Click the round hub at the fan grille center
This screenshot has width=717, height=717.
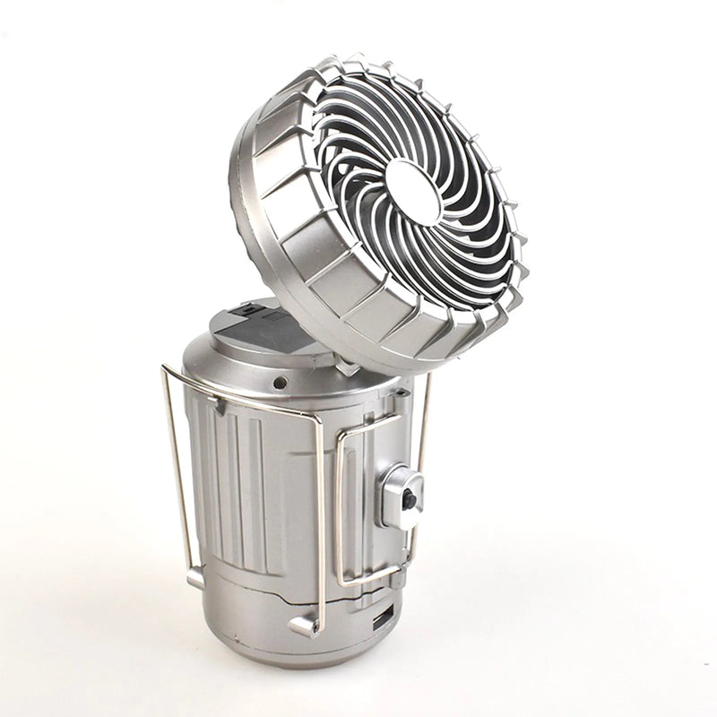pos(414,191)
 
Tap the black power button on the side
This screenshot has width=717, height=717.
pos(409,499)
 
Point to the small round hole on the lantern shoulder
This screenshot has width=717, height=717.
pos(281,382)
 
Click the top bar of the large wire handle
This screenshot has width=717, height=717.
pos(242,395)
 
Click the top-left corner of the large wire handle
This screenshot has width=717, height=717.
pos(166,368)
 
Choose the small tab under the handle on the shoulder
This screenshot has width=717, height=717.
pos(218,405)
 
